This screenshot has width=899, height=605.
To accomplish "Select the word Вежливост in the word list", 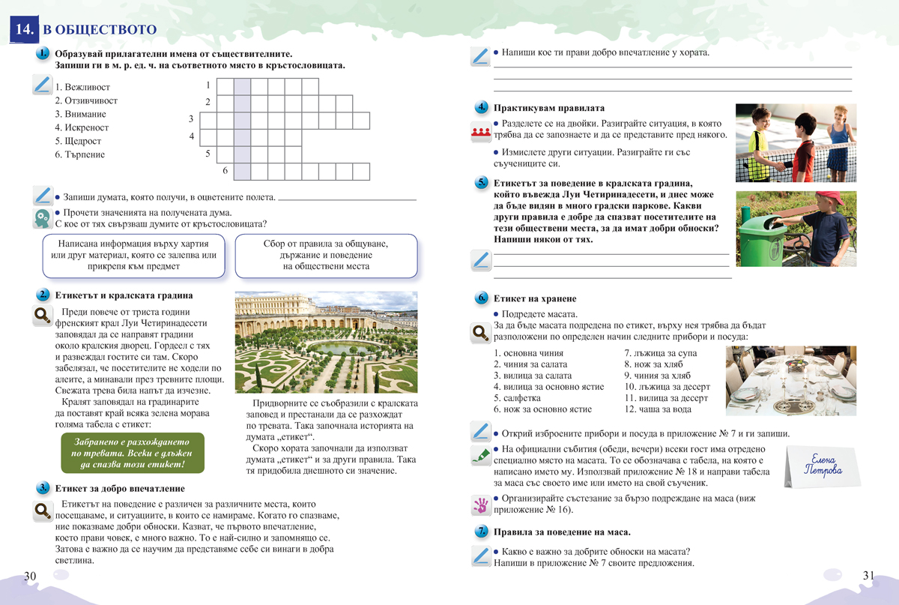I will (85, 87).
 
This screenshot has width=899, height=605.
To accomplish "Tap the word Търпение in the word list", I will (83, 154).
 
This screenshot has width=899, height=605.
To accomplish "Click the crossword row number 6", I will (224, 171).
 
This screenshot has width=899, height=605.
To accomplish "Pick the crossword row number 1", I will (208, 85).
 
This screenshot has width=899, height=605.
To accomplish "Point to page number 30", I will (30, 576).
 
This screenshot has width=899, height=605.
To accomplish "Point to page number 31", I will (868, 576).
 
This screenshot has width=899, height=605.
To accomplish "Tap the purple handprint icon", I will (479, 504).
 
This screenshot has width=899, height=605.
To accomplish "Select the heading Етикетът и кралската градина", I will (124, 295).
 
